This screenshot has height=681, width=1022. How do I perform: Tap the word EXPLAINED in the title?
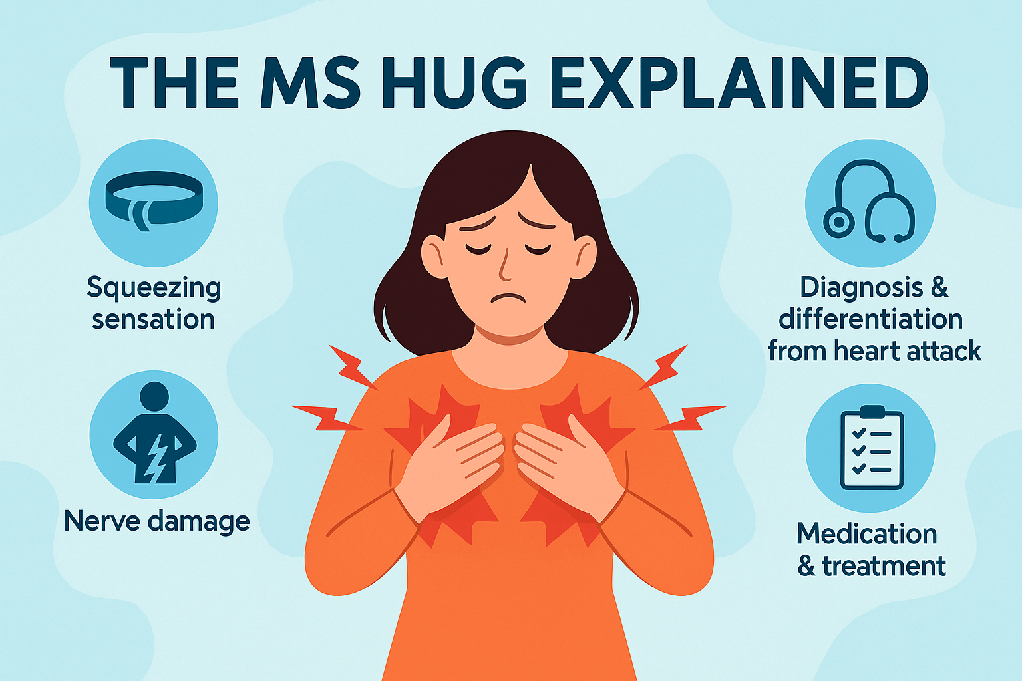[x=739, y=83]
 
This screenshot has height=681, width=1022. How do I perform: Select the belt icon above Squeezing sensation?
[x=154, y=201]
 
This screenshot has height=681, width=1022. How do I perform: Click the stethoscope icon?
[x=869, y=201]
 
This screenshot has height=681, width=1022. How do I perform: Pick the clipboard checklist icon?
[x=872, y=448]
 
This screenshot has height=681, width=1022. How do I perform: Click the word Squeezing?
[x=154, y=288]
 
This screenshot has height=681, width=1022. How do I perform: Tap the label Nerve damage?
[x=157, y=521]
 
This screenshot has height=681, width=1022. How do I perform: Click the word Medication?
[x=866, y=533]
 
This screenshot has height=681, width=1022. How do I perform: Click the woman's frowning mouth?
[x=508, y=297]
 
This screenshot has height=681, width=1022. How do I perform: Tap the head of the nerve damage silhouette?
[x=154, y=396]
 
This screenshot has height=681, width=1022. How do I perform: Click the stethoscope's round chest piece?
[x=838, y=223]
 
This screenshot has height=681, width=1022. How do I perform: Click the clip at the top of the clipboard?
[x=872, y=412]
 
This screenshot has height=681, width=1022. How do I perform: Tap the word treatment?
[x=884, y=566]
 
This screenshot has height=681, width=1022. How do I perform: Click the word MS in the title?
[x=310, y=83]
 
